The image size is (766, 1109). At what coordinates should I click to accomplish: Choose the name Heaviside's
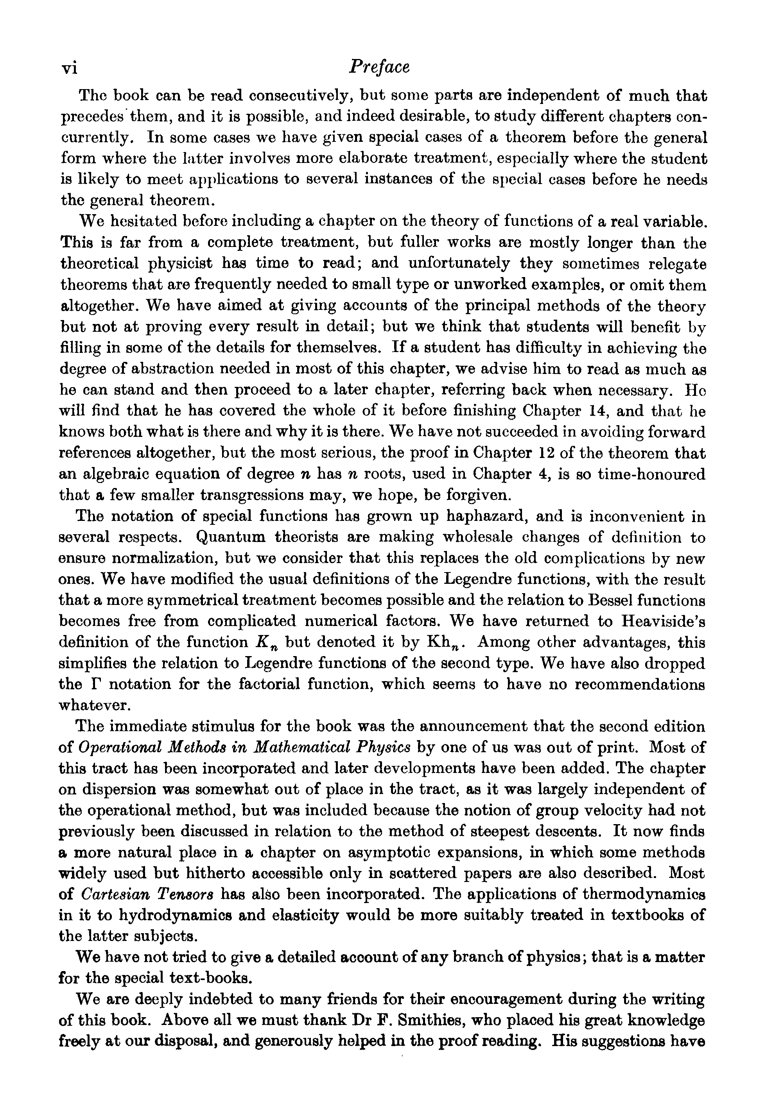[x=663, y=622]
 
